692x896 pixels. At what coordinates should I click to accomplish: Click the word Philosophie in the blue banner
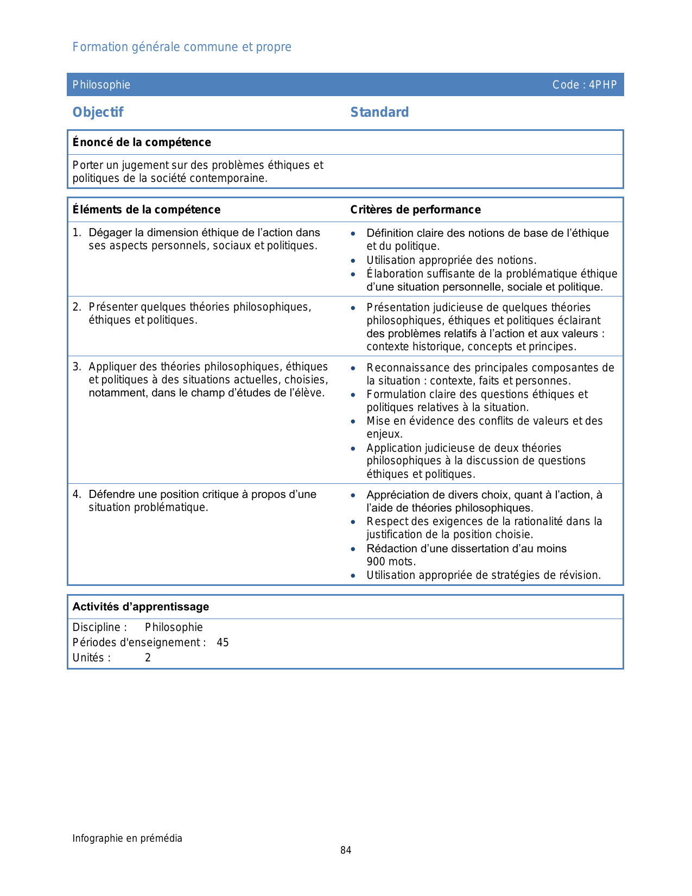[x=101, y=85]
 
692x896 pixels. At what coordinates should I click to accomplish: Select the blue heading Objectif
[x=98, y=112]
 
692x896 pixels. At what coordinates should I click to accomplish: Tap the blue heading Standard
[x=379, y=112]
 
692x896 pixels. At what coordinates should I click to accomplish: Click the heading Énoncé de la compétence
[x=142, y=142]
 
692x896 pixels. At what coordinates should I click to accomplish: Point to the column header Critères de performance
[x=415, y=210]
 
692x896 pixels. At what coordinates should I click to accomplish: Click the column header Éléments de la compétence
[x=147, y=210]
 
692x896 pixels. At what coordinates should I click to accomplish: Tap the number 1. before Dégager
[x=77, y=233]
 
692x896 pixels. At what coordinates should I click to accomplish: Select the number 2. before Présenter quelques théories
[x=77, y=307]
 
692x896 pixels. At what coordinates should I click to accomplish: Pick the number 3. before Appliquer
[x=77, y=367]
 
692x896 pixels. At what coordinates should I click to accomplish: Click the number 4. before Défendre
[x=77, y=495]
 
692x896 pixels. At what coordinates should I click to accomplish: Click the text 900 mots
[x=391, y=562]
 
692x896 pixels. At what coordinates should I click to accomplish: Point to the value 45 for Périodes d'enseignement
[x=223, y=643]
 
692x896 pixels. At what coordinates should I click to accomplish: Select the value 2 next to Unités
[x=148, y=658]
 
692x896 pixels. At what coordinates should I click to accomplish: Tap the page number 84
[x=346, y=850]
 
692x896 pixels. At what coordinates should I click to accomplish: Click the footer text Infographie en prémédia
[x=128, y=838]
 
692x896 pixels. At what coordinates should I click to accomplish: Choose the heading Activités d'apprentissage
[x=141, y=607]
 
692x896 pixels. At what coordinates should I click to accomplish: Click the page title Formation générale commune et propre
[x=182, y=47]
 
